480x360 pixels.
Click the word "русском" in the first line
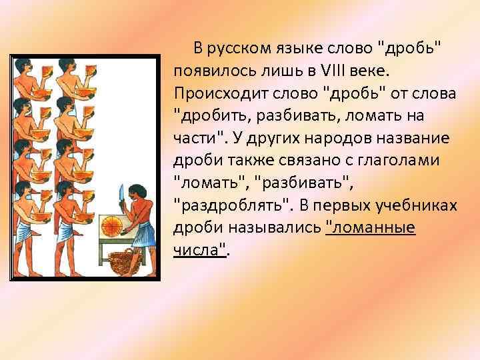coord(237,49)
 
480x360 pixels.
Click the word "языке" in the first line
coord(292,49)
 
